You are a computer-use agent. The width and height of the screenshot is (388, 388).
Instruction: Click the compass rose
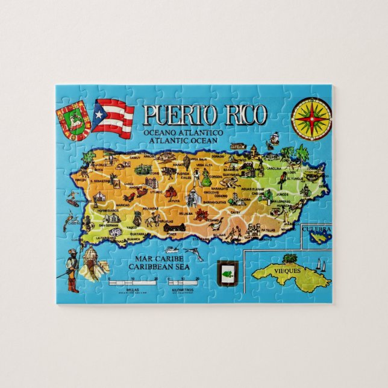tap(311, 117)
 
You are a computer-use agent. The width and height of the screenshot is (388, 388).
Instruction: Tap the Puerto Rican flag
tap(113, 117)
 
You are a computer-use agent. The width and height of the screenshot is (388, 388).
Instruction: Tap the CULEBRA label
tap(317, 230)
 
